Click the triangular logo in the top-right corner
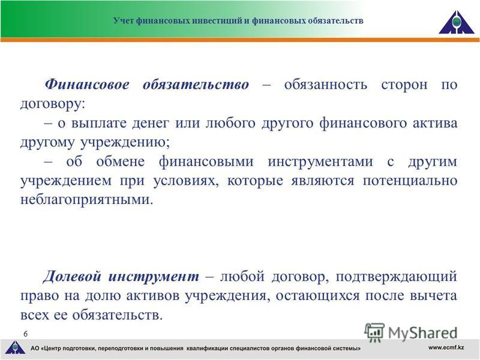pyautogui.click(x=457, y=23)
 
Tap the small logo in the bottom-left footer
pyautogui.click(x=15, y=348)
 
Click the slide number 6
pyautogui.click(x=25, y=334)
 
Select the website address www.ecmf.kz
pyautogui.click(x=446, y=347)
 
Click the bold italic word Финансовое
pyautogui.click(x=87, y=85)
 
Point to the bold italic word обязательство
pyautogui.click(x=196, y=85)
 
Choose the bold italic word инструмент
pyautogui.click(x=154, y=277)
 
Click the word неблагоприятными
pyautogui.click(x=86, y=200)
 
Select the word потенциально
pyautogui.click(x=410, y=181)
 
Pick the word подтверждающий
pyautogui.click(x=396, y=277)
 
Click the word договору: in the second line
pyautogui.click(x=52, y=104)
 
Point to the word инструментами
pyautogui.click(x=320, y=161)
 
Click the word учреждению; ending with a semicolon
pyautogui.click(x=125, y=142)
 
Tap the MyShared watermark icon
pyautogui.click(x=374, y=332)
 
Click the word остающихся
pyautogui.click(x=317, y=296)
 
